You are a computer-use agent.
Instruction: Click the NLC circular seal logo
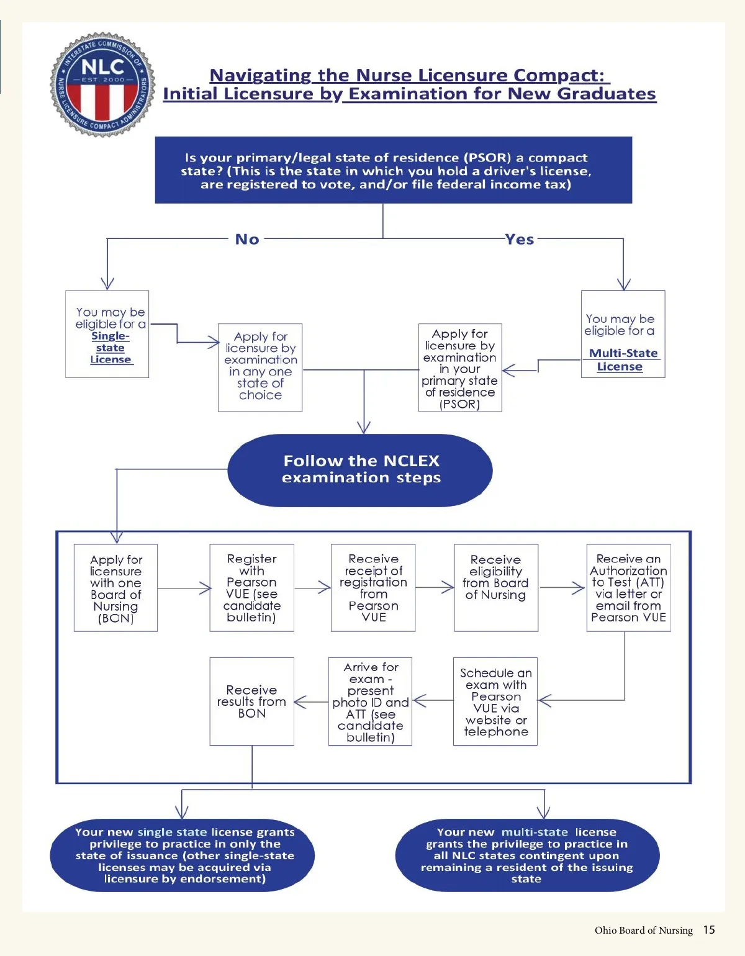pyautogui.click(x=103, y=85)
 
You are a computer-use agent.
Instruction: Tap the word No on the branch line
pyautogui.click(x=247, y=239)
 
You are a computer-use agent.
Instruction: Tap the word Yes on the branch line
pyautogui.click(x=520, y=239)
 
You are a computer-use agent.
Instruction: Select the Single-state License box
pyautogui.click(x=107, y=334)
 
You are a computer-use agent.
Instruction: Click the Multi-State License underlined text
pyautogui.click(x=623, y=359)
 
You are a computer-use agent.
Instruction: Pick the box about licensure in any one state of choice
pyautogui.click(x=260, y=368)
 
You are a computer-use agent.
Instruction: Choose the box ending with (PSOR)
pyautogui.click(x=460, y=368)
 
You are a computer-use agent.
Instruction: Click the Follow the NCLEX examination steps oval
pyautogui.click(x=360, y=470)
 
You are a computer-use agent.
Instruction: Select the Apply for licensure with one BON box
pyautogui.click(x=115, y=588)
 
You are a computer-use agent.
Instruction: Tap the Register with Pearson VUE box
pyautogui.click(x=251, y=588)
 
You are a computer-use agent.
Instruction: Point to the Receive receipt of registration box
pyautogui.click(x=373, y=588)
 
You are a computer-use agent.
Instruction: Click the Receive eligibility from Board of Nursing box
pyautogui.click(x=496, y=588)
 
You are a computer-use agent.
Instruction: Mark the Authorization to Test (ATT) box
pyautogui.click(x=628, y=588)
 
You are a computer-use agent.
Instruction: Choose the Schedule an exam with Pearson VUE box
pyautogui.click(x=495, y=701)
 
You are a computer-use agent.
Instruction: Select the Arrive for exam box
pyautogui.click(x=370, y=701)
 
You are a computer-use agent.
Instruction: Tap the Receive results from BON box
pyautogui.click(x=251, y=701)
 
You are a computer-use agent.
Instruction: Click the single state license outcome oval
pyautogui.click(x=183, y=855)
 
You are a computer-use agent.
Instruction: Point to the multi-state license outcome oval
pyautogui.click(x=526, y=855)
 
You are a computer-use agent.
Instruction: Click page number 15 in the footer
pyautogui.click(x=709, y=929)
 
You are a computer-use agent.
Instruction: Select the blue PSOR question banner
pyautogui.click(x=393, y=170)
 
